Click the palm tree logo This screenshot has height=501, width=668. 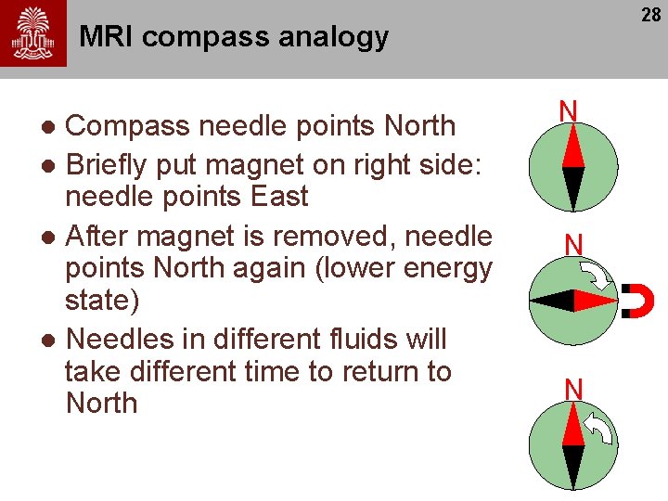point(33,33)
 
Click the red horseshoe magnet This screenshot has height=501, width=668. point(640,300)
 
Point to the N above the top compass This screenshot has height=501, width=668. point(569,111)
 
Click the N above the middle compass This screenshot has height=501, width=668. point(573,245)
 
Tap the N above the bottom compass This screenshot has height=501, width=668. point(573,390)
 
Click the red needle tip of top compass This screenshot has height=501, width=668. point(572,147)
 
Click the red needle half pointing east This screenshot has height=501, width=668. point(595,301)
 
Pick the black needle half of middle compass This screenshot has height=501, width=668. point(553,301)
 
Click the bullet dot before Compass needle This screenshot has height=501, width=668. point(53,126)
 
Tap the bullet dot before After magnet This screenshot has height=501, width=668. point(53,238)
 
